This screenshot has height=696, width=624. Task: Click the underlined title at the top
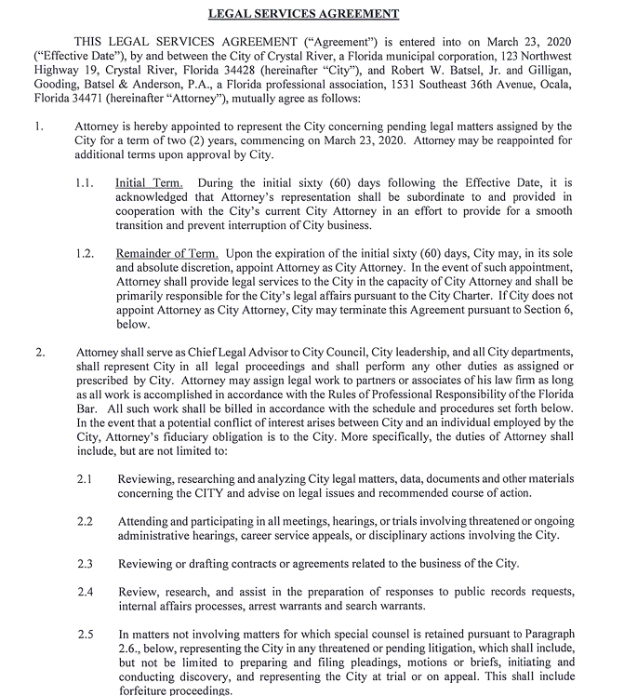click(x=316, y=13)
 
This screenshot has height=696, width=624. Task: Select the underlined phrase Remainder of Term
click(x=166, y=253)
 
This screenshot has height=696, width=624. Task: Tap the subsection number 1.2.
click(x=85, y=253)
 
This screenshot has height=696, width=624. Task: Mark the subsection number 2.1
click(x=85, y=478)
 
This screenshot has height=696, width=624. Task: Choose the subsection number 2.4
click(x=85, y=591)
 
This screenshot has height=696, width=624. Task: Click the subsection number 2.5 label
click(x=85, y=634)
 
